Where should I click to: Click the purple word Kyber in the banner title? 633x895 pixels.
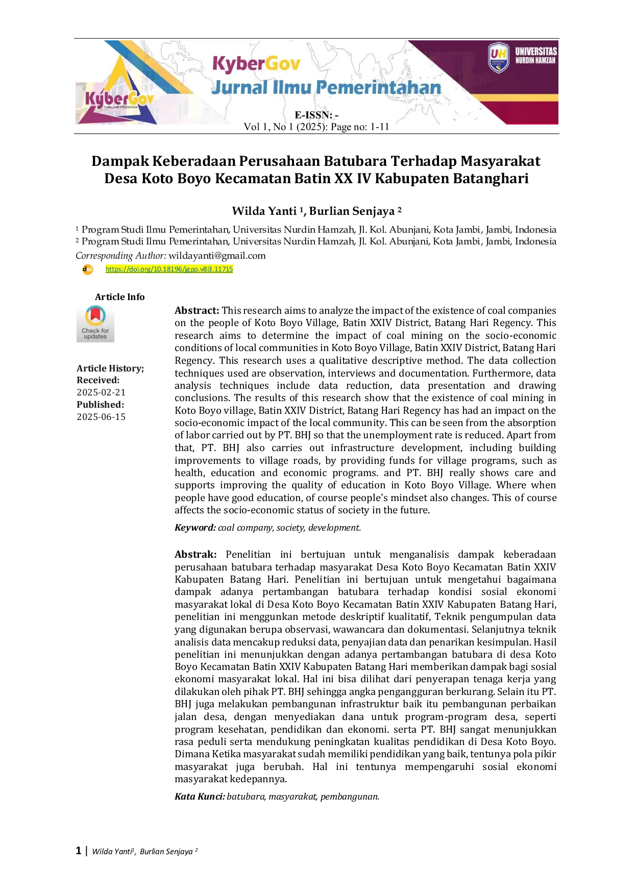pos(238,64)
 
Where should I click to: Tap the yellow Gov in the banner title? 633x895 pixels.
pos(283,64)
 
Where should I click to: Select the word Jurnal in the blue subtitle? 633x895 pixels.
pos(239,88)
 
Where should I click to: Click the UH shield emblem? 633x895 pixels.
pos(498,57)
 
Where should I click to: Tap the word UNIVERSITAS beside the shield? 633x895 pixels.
pos(535,51)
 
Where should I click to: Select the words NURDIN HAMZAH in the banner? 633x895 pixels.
pos(535,60)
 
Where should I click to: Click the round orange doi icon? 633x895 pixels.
pos(88,269)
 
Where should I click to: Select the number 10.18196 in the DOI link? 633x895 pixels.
pos(167,269)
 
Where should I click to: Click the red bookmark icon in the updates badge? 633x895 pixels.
pos(95,315)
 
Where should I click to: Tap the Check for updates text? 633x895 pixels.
pos(95,334)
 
